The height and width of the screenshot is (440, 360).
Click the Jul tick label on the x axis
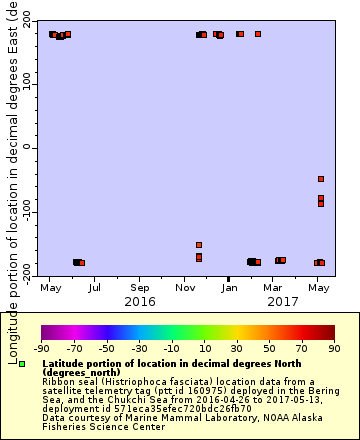[94, 288]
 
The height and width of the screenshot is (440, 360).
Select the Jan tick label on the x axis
[230, 288]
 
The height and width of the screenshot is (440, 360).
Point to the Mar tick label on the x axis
[274, 288]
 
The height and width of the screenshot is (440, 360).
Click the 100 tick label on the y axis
[28, 83]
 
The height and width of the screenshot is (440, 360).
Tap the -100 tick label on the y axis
[27, 211]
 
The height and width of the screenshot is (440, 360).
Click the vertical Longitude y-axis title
[12, 150]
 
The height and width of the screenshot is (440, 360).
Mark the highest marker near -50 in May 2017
[321, 179]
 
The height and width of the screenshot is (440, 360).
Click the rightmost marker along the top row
[258, 34]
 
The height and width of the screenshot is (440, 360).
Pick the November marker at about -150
[199, 245]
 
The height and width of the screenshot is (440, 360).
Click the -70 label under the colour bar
[69, 348]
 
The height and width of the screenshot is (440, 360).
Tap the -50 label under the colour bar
[98, 348]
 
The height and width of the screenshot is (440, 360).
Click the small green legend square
[21, 364]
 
